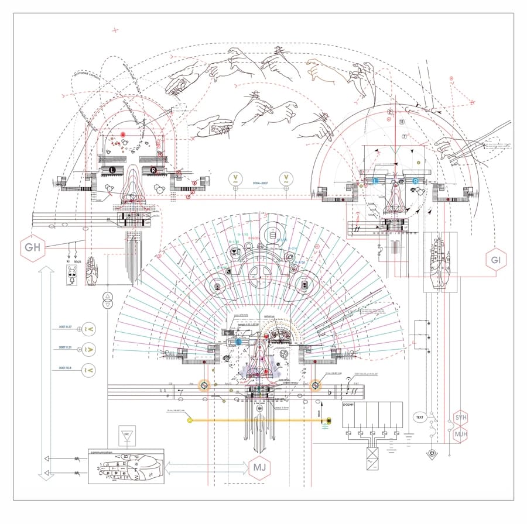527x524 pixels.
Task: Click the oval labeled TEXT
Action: [x=420, y=417]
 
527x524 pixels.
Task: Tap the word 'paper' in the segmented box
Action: [x=350, y=405]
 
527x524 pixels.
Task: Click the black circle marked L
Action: [x=112, y=170]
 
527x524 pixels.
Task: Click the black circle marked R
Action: [x=153, y=170]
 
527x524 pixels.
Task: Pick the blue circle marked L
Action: [x=376, y=181]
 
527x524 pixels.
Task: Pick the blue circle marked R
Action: [x=416, y=181]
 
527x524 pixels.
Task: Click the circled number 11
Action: [x=402, y=122]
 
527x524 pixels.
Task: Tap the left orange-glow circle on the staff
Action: [x=204, y=385]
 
